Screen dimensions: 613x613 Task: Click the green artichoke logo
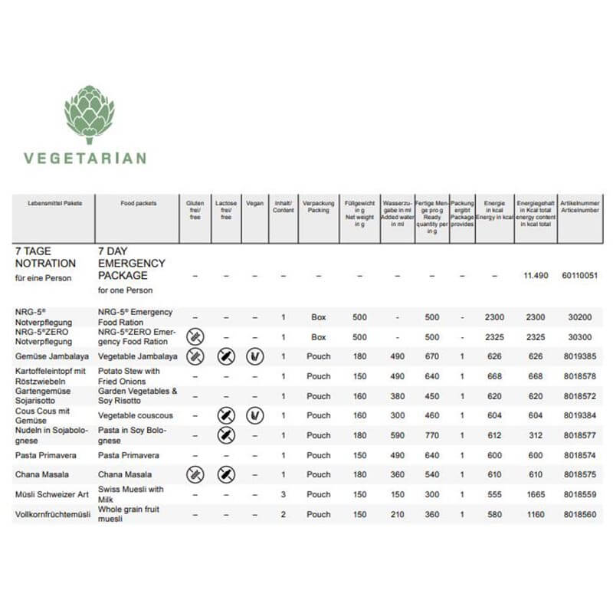[89, 114]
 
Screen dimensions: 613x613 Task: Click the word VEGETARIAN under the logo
[85, 159]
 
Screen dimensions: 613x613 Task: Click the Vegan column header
[255, 204]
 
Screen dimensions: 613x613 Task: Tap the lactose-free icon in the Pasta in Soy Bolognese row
[225, 435]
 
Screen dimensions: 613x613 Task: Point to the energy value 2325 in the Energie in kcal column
[493, 337]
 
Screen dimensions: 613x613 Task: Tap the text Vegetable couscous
[135, 415]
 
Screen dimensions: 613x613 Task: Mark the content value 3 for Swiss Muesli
[283, 495]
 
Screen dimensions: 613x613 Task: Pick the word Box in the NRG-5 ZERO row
[319, 337]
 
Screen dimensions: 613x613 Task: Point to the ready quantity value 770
[432, 435]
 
